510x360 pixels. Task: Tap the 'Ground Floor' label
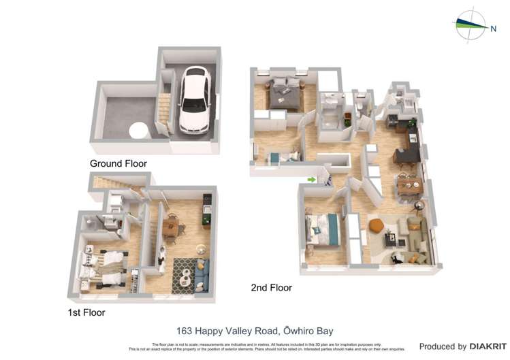coord(118,163)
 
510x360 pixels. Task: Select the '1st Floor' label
coord(86,312)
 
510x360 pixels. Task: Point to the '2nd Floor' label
coord(271,288)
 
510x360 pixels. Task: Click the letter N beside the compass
coord(494,28)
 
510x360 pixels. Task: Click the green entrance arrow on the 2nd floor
coord(311,180)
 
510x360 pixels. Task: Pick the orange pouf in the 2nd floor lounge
coord(374,226)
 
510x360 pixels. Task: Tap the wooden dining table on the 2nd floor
coord(411,184)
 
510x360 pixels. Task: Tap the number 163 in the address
coord(185,331)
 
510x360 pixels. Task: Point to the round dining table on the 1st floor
coord(172,227)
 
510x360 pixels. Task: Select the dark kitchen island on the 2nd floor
coord(406,155)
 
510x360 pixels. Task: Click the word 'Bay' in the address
coord(323,331)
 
